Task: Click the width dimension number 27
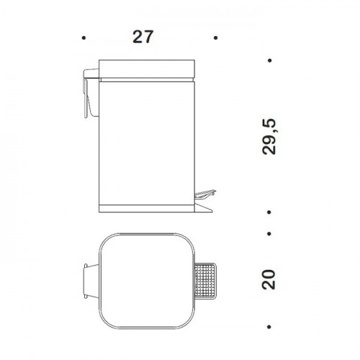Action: [x=143, y=37]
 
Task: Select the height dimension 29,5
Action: [x=269, y=137]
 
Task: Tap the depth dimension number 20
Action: [x=269, y=279]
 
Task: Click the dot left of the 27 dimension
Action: [x=84, y=37]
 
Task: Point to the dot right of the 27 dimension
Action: [x=215, y=37]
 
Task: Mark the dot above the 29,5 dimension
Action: [x=270, y=60]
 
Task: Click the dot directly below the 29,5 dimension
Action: [x=269, y=212]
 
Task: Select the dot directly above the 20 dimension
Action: [x=269, y=233]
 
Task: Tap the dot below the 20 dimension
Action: [x=269, y=327]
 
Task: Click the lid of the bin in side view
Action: [x=147, y=69]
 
